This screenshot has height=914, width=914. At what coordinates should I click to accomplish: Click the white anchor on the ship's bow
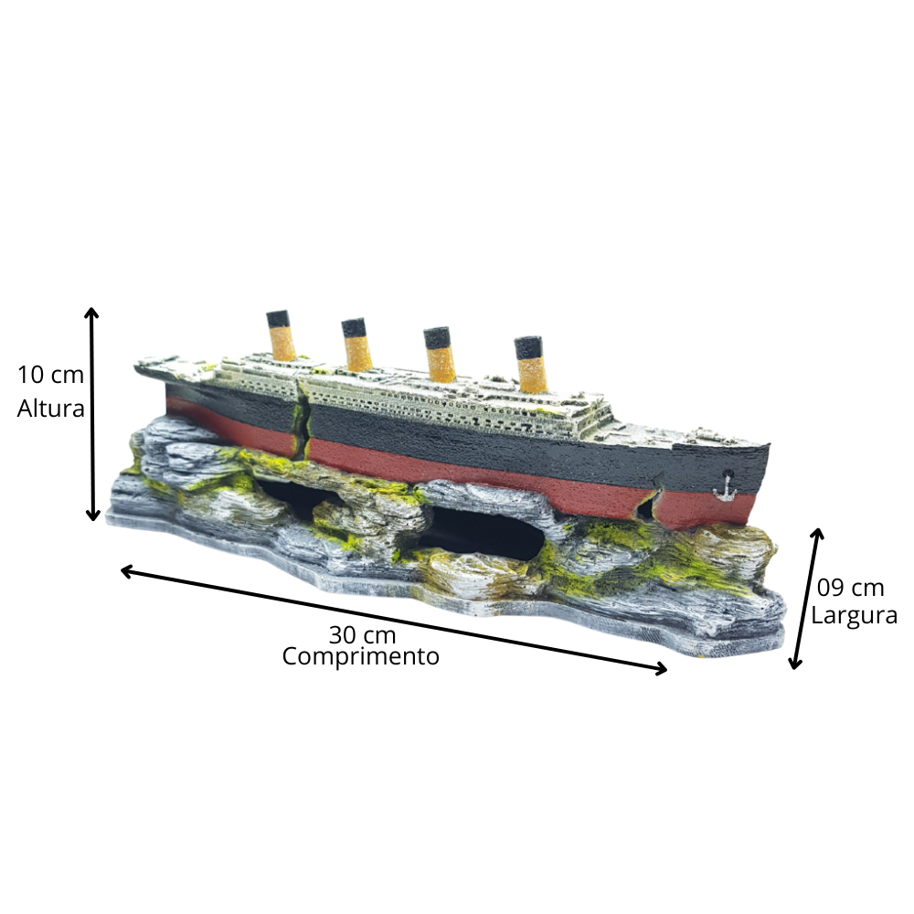(725, 489)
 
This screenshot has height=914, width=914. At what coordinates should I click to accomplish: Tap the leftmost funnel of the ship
(281, 335)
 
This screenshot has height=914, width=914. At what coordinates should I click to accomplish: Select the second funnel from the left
(356, 344)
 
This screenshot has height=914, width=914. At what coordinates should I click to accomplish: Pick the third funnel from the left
(439, 355)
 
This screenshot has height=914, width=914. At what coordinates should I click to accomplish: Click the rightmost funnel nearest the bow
(530, 365)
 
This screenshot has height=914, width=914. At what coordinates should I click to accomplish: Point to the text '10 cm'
(50, 375)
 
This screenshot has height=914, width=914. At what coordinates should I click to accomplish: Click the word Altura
(50, 408)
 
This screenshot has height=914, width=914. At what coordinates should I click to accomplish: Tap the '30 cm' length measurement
(362, 634)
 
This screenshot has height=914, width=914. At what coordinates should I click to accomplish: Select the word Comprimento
(360, 657)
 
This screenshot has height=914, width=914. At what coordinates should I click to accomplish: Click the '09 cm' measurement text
(850, 588)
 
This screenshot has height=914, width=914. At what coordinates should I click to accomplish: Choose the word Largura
(854, 615)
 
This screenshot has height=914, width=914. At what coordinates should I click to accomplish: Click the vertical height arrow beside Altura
(92, 413)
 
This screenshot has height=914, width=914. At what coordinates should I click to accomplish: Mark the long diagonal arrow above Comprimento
(393, 620)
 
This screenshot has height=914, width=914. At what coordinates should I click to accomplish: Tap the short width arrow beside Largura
(807, 598)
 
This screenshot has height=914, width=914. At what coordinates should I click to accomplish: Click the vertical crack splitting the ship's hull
(303, 417)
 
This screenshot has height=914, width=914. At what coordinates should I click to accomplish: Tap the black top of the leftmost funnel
(278, 318)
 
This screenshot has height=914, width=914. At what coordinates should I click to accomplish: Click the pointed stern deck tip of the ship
(138, 367)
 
